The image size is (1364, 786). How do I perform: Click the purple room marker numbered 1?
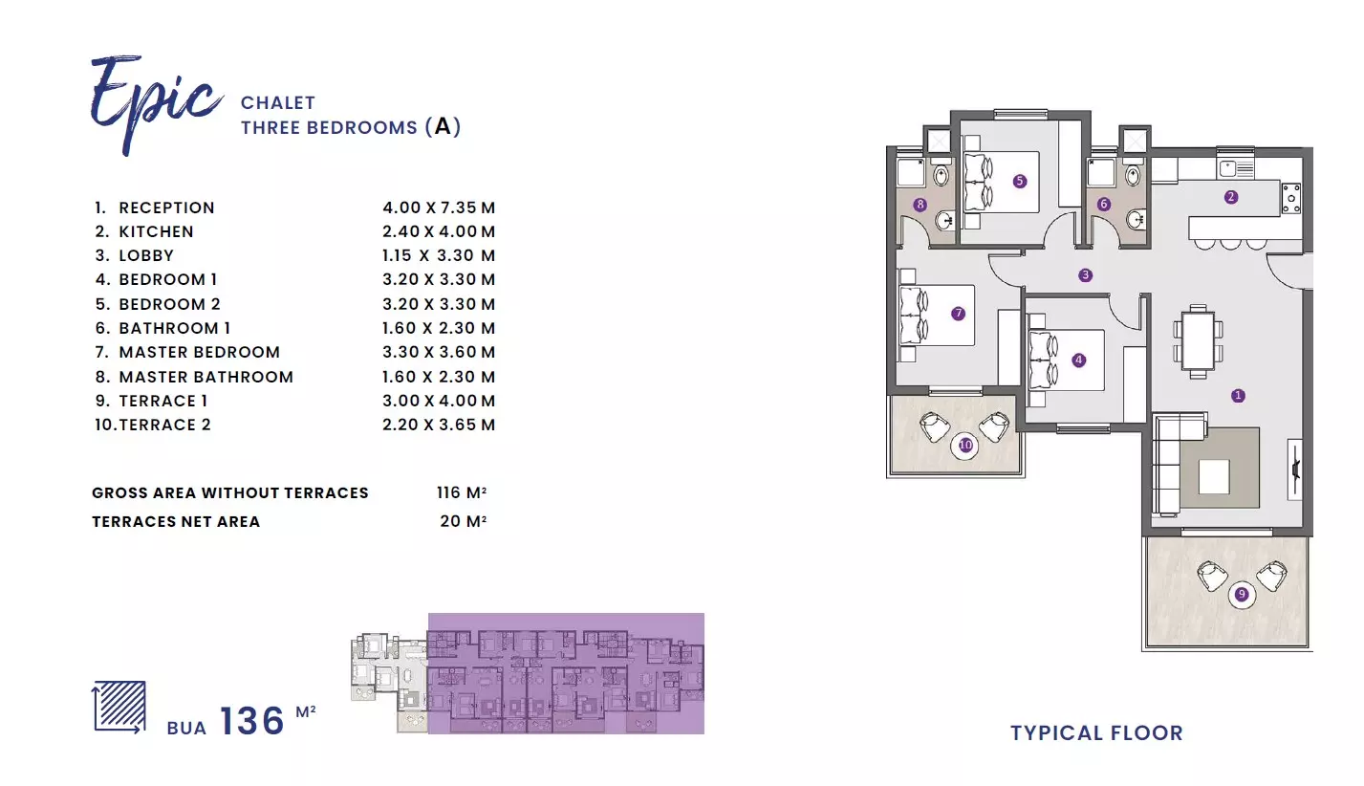(x=1237, y=396)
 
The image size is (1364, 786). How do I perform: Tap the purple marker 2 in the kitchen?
(x=1230, y=197)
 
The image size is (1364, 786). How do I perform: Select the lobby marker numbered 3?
(x=1085, y=275)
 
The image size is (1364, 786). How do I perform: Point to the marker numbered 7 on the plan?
(x=958, y=314)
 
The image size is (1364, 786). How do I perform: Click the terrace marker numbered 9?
(x=1241, y=594)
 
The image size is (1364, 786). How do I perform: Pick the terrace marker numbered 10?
(x=965, y=446)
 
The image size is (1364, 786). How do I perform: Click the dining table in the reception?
(x=1198, y=341)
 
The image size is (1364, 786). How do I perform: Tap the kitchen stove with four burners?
(x=1291, y=199)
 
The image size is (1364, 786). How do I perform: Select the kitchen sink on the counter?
(x=1235, y=167)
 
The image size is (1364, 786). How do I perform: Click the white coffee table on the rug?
(x=1214, y=476)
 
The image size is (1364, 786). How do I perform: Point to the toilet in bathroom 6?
(x=1133, y=176)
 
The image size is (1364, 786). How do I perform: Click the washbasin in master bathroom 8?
(x=945, y=220)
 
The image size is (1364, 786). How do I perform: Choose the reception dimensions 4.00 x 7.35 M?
(x=439, y=207)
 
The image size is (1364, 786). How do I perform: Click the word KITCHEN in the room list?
(x=156, y=231)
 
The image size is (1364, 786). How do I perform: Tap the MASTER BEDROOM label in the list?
(x=199, y=352)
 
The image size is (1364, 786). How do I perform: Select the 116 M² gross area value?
(x=462, y=492)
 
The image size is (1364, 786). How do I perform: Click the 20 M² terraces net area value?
(x=464, y=521)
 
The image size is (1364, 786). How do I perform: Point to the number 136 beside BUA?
(x=251, y=721)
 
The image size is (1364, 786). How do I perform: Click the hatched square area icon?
(x=119, y=707)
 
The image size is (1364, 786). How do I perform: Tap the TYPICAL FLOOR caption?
(x=1096, y=733)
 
